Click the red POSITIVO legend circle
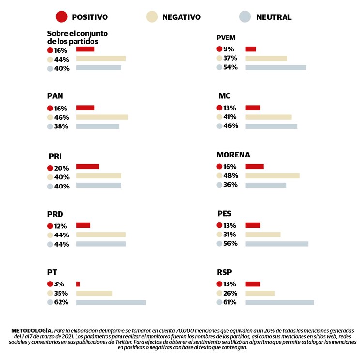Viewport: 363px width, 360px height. point(61,17)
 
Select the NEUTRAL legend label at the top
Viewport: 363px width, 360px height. point(274,17)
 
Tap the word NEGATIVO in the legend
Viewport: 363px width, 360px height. point(181,17)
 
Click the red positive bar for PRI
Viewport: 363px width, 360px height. point(88,167)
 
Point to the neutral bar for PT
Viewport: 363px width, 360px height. point(111,302)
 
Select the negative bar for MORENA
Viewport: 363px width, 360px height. point(272,175)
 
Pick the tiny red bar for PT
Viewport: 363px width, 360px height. point(78,284)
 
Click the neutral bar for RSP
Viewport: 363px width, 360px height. point(280,302)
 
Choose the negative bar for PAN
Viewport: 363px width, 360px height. point(102,117)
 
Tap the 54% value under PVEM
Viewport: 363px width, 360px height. point(230,67)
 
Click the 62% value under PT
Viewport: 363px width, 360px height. point(61,302)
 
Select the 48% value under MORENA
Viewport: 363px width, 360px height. point(230,175)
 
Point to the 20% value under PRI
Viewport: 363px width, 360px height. point(61,168)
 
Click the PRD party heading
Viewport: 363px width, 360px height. point(56,214)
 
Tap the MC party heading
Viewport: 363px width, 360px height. point(224,95)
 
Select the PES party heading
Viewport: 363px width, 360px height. point(225,213)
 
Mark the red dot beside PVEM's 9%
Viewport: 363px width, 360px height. point(219,49)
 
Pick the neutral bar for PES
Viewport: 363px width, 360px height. point(277,243)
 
